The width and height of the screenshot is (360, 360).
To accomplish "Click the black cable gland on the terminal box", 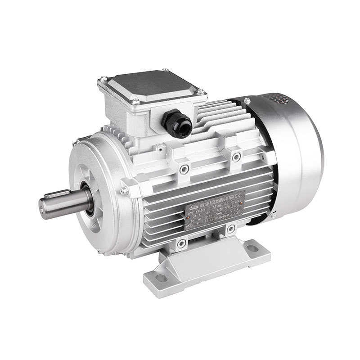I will (x=176, y=122).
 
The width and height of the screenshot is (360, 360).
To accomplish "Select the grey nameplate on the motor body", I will (x=215, y=211).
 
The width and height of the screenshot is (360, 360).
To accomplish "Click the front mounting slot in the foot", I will (x=161, y=278).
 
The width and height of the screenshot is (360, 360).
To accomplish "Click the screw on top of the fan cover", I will (x=247, y=100).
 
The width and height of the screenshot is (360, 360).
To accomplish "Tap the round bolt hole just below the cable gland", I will (x=184, y=169).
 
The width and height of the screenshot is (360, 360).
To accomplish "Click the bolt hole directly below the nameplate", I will (x=230, y=229).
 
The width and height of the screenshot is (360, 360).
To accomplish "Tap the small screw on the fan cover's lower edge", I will (x=272, y=216).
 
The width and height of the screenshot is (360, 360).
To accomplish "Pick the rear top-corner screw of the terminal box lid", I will (x=166, y=70).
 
